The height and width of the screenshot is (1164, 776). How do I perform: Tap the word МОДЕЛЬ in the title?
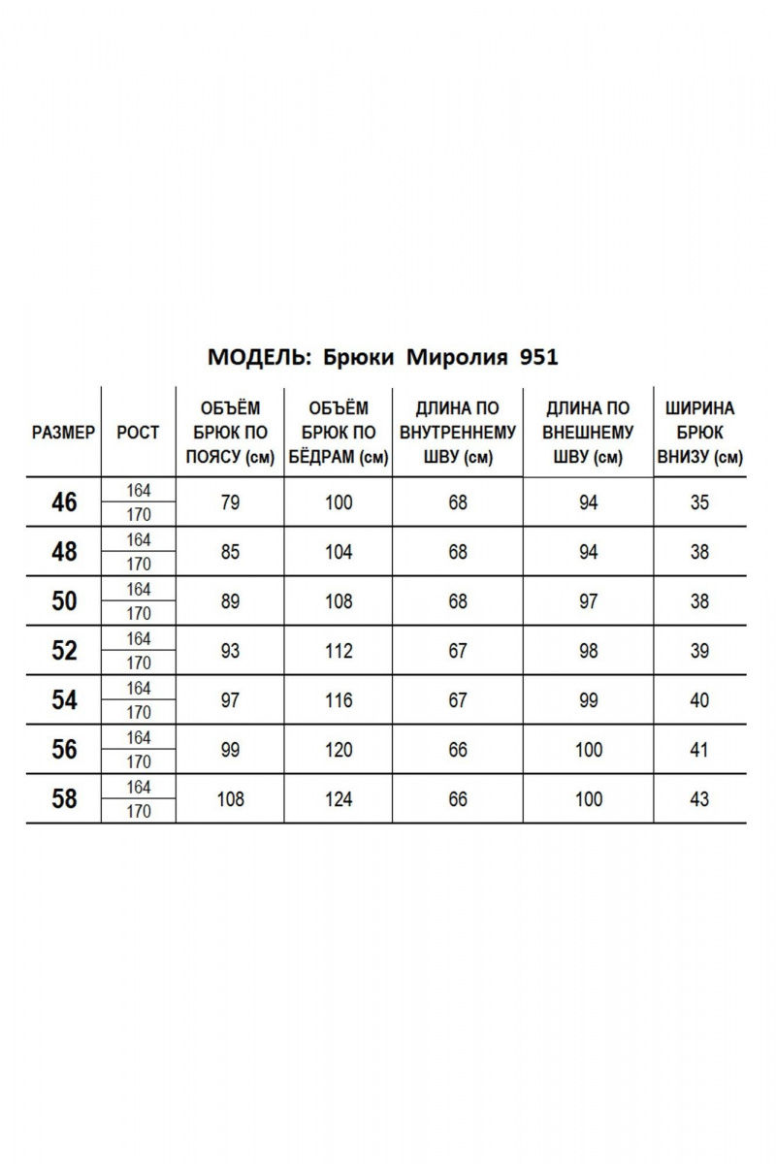coord(253,357)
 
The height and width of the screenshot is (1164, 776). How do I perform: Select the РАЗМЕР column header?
coord(63,433)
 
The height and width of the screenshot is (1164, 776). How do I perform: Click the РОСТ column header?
coord(138,433)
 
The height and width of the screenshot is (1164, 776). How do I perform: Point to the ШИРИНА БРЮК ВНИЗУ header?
coord(700,433)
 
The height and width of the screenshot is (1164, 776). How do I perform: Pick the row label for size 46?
coord(64,502)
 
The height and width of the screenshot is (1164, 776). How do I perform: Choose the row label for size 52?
coord(64,651)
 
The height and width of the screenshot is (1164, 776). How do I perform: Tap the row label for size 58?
coord(64,799)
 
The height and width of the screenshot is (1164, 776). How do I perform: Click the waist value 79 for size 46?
coord(230,502)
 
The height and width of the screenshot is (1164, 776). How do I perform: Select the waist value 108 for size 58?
coord(230,799)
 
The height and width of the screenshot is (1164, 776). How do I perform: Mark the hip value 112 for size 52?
coord(339,651)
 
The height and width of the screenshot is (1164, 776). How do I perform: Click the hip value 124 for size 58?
coord(339,799)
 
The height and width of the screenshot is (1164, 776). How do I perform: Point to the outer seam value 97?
coord(588,601)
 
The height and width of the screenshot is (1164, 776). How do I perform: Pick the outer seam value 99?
coord(588,700)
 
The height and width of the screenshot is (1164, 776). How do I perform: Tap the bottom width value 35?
coord(699,502)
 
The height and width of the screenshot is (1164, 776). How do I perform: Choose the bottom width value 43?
coord(699,799)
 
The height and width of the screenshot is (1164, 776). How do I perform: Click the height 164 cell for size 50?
coord(139,589)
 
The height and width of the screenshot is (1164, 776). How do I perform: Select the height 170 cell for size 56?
coord(139,762)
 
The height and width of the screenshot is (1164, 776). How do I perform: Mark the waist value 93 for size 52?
coord(230,651)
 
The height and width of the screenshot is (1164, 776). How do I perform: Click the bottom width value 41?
coord(699,750)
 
